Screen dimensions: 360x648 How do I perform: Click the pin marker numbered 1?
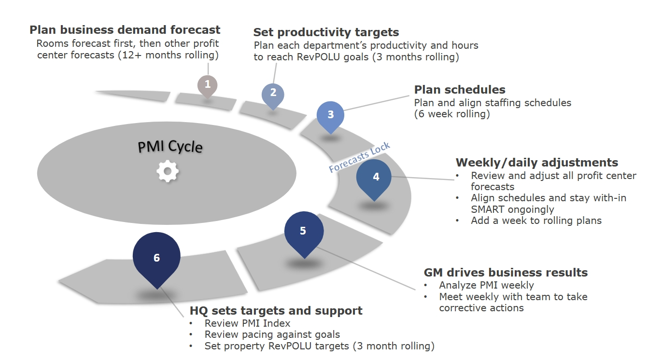(208, 84)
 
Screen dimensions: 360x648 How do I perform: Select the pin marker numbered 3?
(331, 115)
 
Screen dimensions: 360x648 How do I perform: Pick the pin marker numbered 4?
(376, 177)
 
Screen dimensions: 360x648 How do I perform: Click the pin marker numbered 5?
(303, 232)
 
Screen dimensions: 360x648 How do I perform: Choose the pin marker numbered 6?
(156, 258)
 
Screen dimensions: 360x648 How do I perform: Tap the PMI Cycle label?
(170, 146)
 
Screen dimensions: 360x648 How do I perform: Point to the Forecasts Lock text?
(359, 158)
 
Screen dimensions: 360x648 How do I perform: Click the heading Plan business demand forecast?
(125, 30)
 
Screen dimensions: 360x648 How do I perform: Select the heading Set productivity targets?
(326, 32)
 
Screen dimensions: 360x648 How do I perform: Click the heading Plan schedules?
(460, 90)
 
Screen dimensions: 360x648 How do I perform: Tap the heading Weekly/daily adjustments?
(537, 162)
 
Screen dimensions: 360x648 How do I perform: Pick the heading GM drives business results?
(506, 273)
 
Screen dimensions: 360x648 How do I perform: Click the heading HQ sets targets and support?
(276, 311)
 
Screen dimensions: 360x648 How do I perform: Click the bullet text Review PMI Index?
(247, 323)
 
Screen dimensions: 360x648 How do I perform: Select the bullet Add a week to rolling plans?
(536, 221)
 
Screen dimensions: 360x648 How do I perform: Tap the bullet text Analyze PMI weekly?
(486, 285)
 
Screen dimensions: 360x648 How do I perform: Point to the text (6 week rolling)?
(452, 114)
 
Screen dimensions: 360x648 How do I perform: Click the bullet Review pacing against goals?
(272, 334)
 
